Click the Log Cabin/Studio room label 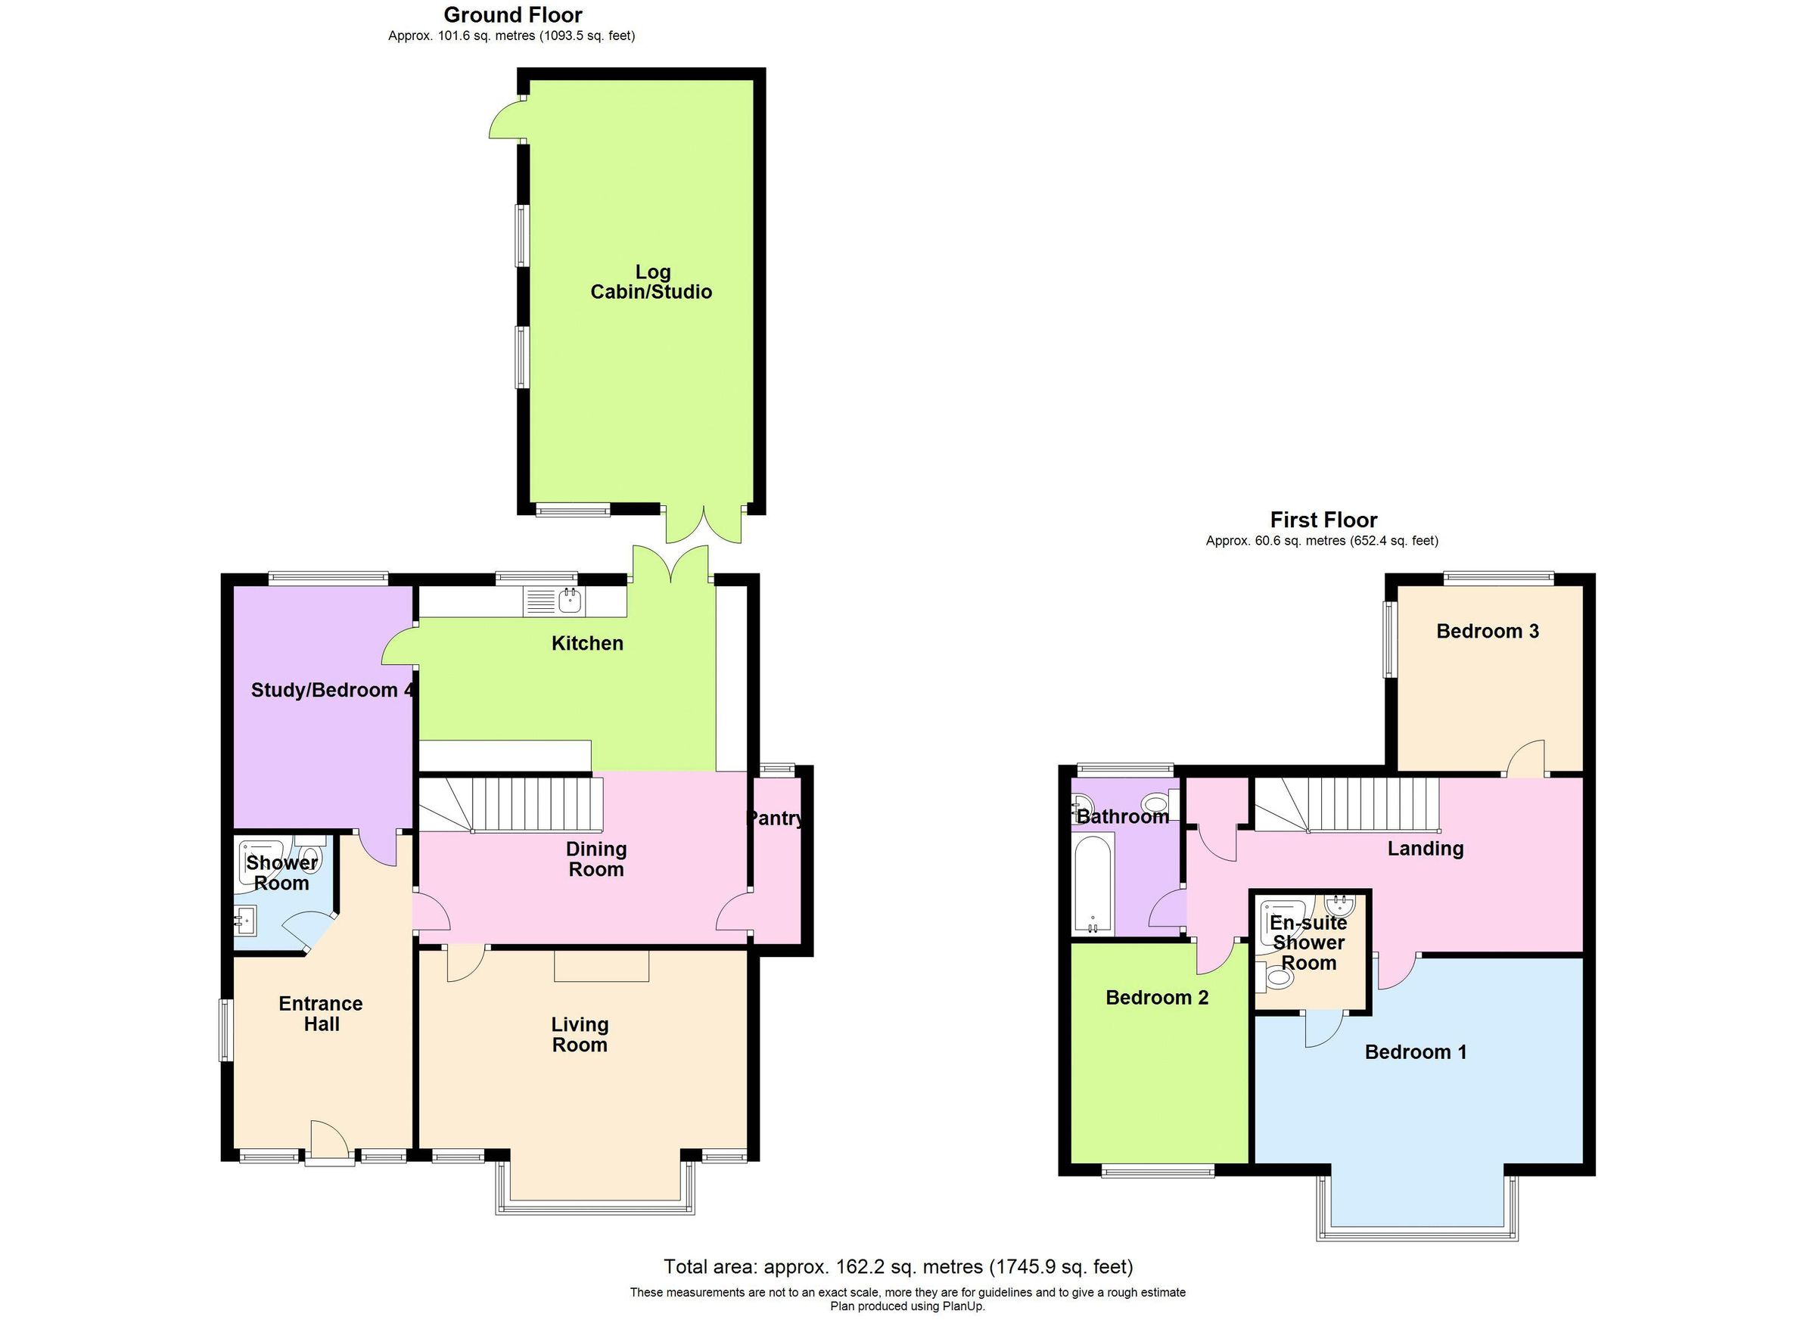click(651, 281)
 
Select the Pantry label click(774, 818)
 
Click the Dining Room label click(595, 859)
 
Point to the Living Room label click(580, 1034)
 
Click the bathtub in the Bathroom click(1093, 884)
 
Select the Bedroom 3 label click(1487, 631)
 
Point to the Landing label click(1426, 849)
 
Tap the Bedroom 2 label click(1156, 998)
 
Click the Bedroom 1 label click(1416, 1051)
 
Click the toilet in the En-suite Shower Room click(1277, 978)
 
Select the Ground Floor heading click(512, 14)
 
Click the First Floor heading click(1323, 520)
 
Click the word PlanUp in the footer click(962, 1306)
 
